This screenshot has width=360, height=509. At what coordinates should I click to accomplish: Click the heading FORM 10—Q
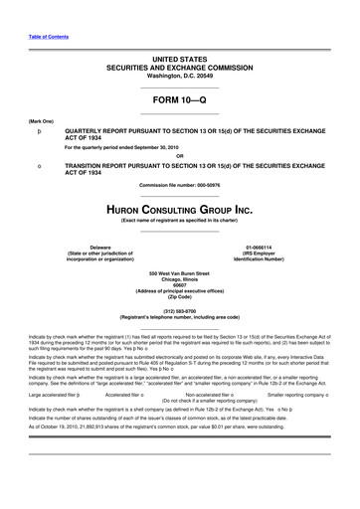click(x=180, y=99)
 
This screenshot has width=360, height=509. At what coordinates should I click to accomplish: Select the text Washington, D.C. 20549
click(x=180, y=50)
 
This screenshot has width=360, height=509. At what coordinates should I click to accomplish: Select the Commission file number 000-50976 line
click(x=180, y=186)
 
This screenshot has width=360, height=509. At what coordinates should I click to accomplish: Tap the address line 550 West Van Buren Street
click(x=180, y=272)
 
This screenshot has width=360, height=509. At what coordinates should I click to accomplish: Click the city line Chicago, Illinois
click(x=180, y=278)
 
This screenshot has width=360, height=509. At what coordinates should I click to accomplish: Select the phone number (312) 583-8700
click(x=180, y=308)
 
